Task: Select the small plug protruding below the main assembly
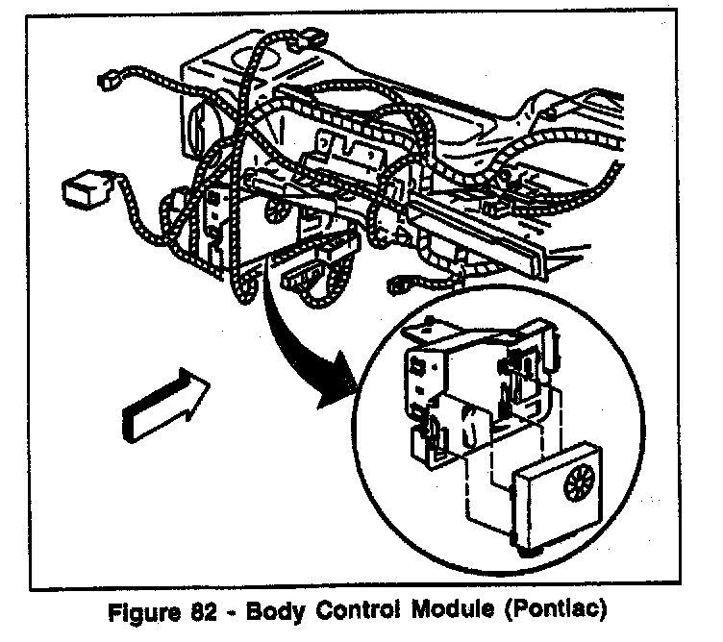pyautogui.click(x=301, y=280)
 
